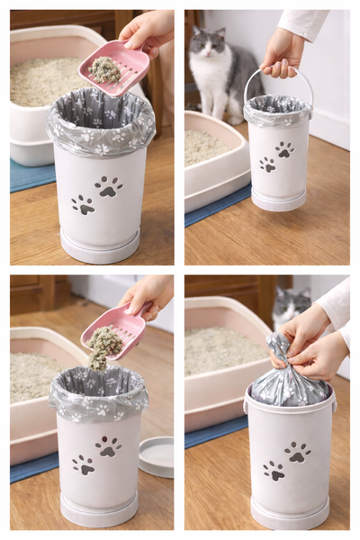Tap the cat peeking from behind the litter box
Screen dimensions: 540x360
pyautogui.click(x=291, y=306)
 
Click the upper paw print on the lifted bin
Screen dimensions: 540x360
pyautogui.click(x=284, y=148)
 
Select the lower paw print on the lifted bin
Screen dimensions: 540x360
pyautogui.click(x=267, y=165)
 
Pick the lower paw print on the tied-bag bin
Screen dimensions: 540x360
pyautogui.click(x=274, y=470)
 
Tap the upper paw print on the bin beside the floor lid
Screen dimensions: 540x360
pyautogui.click(x=109, y=445)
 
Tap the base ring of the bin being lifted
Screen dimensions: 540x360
pyautogui.click(x=278, y=204)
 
